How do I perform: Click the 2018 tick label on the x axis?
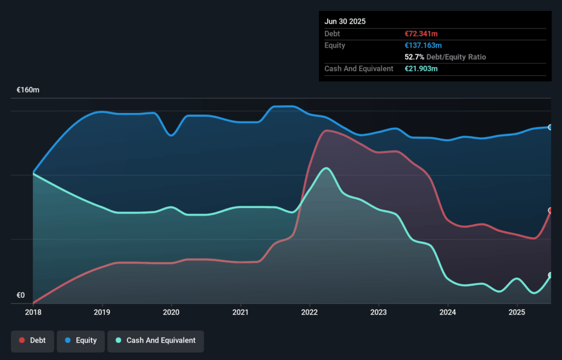pyautogui.click(x=33, y=312)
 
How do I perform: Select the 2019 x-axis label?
pyautogui.click(x=102, y=312)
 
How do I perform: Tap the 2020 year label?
pyautogui.click(x=171, y=312)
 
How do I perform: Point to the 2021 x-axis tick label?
pyautogui.click(x=240, y=312)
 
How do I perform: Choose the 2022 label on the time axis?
pyautogui.click(x=310, y=312)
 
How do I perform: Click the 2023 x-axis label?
pyautogui.click(x=379, y=312)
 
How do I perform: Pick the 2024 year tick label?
pyautogui.click(x=448, y=312)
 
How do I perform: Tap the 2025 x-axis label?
pyautogui.click(x=517, y=312)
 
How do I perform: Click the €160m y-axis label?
pyautogui.click(x=28, y=89)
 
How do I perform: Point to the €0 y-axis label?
pyautogui.click(x=21, y=295)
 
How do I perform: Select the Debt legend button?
pyautogui.click(x=33, y=340)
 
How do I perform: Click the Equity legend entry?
pyautogui.click(x=81, y=340)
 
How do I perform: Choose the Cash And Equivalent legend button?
pyautogui.click(x=155, y=340)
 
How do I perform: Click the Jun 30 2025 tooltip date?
pyautogui.click(x=345, y=21)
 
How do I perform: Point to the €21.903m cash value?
pyautogui.click(x=421, y=69)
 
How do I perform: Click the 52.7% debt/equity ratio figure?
pyautogui.click(x=414, y=57)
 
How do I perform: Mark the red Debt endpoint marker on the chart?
pyautogui.click(x=550, y=211)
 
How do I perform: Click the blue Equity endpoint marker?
pyautogui.click(x=550, y=127)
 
